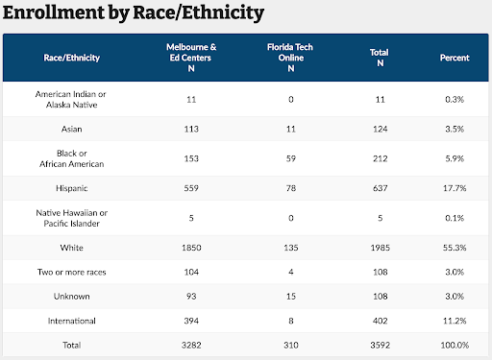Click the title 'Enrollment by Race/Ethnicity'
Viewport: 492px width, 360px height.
[x=134, y=14]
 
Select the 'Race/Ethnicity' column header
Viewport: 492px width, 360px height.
[x=71, y=58]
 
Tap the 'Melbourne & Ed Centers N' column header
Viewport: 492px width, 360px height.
[x=192, y=58]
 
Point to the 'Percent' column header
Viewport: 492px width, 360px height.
[x=455, y=58]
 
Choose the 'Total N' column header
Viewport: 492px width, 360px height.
[x=380, y=58]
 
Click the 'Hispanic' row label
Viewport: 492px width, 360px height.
[x=71, y=188]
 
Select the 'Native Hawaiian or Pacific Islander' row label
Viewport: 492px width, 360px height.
[x=71, y=217]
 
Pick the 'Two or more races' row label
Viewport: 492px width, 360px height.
[x=71, y=273]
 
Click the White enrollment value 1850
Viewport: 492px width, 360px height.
[x=192, y=247]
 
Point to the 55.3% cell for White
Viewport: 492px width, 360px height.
[x=455, y=247]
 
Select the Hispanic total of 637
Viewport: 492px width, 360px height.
[x=380, y=188]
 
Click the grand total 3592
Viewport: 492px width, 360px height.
[x=380, y=344]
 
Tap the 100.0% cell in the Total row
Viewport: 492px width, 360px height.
[x=455, y=344]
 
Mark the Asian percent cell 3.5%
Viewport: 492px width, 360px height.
[x=455, y=129]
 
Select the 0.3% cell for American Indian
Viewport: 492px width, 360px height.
[x=455, y=98]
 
